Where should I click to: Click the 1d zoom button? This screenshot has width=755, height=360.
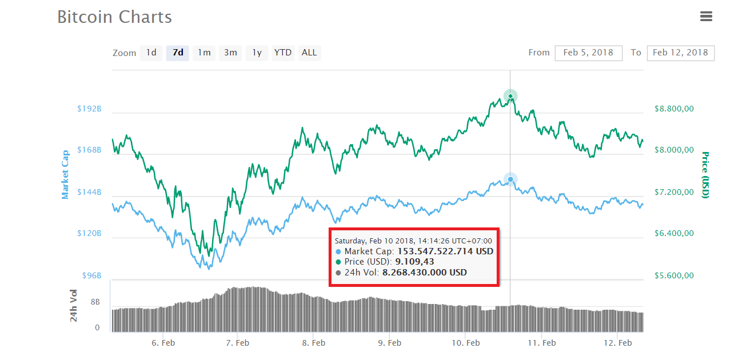151,53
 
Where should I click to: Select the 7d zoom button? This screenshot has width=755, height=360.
178,53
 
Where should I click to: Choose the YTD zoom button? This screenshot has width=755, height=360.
283,53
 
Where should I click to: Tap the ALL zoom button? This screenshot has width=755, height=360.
309,53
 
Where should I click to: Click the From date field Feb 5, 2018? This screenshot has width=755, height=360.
588,53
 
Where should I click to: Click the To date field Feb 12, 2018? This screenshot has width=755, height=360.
680,53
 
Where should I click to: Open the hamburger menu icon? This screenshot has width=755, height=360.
706,17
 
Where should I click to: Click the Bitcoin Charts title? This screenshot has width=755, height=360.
114,17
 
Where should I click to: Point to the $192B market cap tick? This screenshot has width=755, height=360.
89,109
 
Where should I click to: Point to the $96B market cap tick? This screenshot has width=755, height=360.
91,275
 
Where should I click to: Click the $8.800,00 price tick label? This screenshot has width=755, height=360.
674,109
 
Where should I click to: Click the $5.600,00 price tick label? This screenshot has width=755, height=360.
674,275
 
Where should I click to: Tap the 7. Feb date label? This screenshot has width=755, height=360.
237,343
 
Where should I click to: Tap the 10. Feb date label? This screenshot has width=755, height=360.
465,343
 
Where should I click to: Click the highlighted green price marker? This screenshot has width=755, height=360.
510,96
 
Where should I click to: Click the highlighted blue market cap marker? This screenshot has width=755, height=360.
510,179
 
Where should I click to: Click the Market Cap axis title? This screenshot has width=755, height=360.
65,174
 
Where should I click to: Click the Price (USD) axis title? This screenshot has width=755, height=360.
705,174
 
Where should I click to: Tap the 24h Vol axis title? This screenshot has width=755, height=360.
74,306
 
